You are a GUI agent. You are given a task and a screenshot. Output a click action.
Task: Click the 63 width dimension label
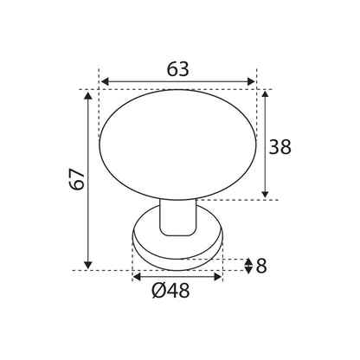coord(177,69)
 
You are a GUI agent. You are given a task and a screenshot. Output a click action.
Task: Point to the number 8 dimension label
coord(261,266)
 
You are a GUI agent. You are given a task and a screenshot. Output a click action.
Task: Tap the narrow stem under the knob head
coord(177,216)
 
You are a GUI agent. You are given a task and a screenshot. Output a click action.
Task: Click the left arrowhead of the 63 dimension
coord(106,82)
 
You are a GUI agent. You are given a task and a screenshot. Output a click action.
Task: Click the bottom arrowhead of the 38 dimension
coord(265,194)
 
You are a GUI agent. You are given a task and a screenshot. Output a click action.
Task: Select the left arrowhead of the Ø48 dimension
coord(137,278)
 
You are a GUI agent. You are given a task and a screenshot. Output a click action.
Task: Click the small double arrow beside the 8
coord(249,266)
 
